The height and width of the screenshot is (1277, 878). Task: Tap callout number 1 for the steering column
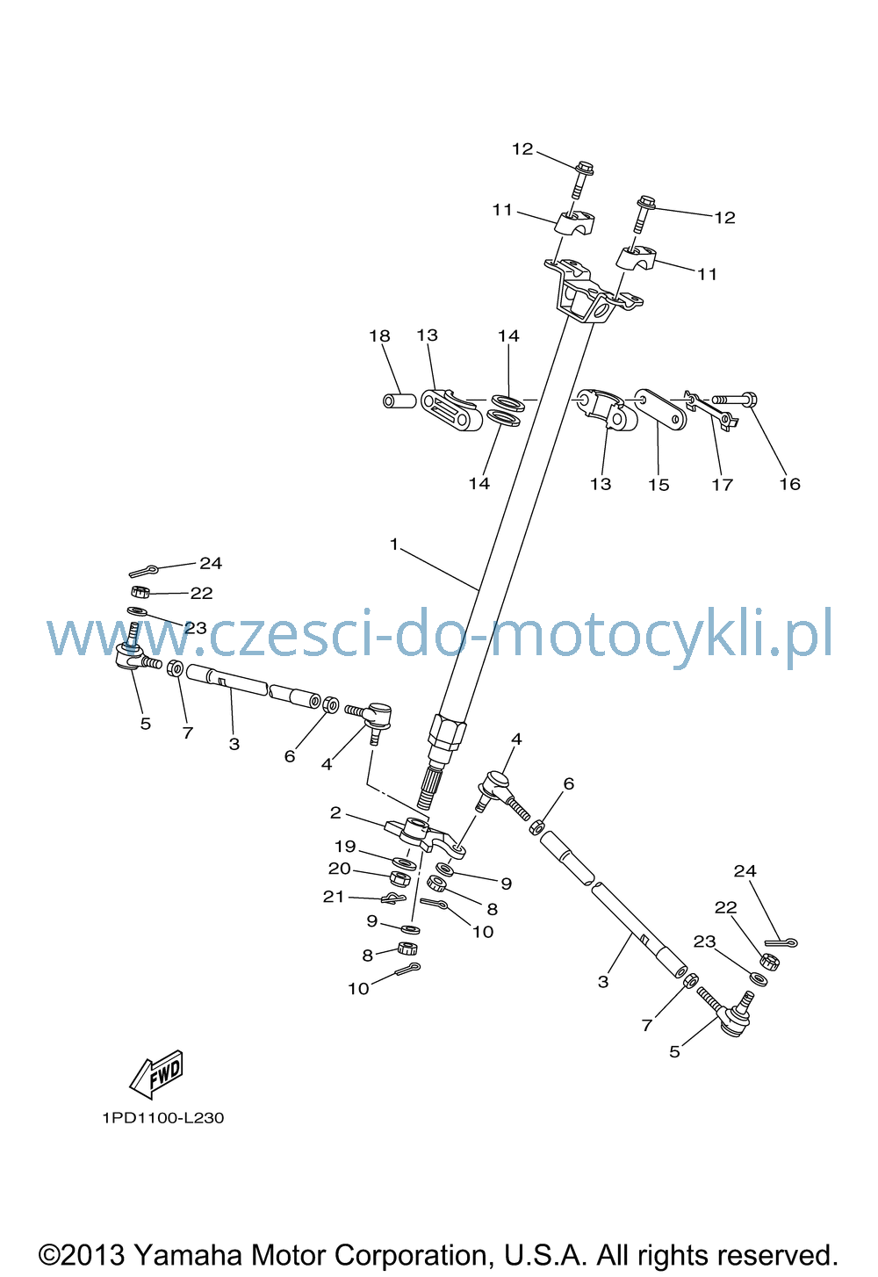tap(393, 545)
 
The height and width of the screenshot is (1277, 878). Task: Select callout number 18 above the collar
tap(379, 335)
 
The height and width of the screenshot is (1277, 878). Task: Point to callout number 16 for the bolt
tap(789, 484)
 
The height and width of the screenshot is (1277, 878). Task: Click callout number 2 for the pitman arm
tap(335, 813)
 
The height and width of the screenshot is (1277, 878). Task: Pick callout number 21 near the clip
tap(334, 897)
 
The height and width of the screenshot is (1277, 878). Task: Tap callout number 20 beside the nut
tap(340, 869)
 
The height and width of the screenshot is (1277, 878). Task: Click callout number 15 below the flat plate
tap(658, 485)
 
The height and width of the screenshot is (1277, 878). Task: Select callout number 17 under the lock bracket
tap(722, 485)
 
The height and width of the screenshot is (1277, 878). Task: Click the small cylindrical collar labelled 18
tap(399, 400)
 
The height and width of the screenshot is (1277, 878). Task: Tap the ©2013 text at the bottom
tap(81, 1255)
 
